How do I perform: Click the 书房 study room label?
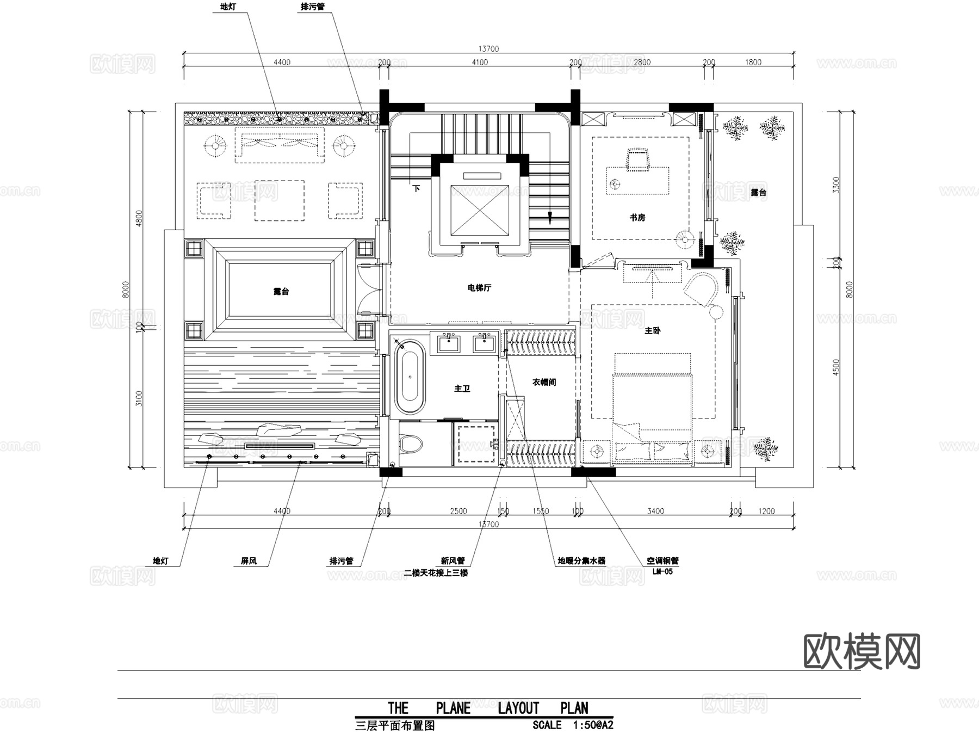point(637,218)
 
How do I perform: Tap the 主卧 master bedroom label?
point(652,330)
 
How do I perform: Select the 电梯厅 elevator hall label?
point(479,288)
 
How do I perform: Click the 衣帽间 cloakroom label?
point(544,383)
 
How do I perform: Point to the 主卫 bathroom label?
point(462,389)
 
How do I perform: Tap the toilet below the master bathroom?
point(411,444)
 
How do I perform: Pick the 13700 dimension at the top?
point(488,49)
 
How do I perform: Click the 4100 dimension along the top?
point(479,63)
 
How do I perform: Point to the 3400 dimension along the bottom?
point(655,511)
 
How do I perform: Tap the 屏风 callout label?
point(249,561)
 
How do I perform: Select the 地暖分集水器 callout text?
point(581,561)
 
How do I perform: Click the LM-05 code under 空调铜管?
point(662,572)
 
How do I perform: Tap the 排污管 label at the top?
point(313,7)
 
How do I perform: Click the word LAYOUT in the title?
point(518,708)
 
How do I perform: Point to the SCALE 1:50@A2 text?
point(573,725)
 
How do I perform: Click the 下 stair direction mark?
point(417,189)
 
